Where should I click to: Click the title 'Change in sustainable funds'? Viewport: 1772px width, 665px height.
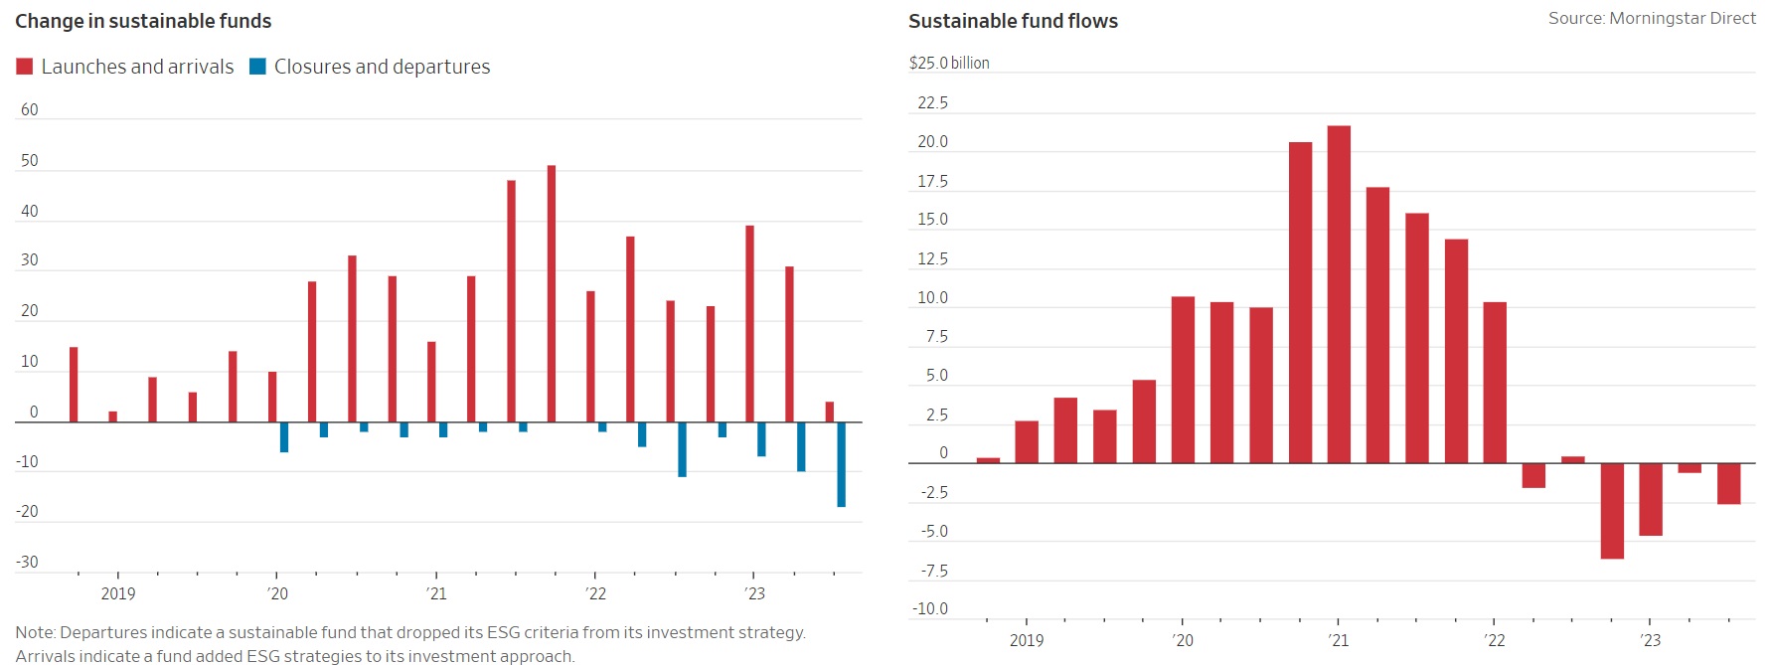click(143, 21)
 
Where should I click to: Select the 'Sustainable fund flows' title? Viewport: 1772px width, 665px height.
click(1013, 21)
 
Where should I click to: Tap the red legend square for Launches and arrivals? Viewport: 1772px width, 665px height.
click(25, 67)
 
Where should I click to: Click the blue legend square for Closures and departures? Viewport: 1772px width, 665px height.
click(257, 67)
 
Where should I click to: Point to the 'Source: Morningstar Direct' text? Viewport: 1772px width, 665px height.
click(1651, 18)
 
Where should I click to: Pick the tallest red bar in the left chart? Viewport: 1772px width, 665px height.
click(552, 293)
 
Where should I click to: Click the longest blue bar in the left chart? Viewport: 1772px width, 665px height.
click(842, 464)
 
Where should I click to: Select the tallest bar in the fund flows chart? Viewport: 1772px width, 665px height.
click(1339, 294)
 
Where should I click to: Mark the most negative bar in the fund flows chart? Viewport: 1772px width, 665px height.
click(1612, 511)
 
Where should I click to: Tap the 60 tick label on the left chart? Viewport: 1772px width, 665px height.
click(30, 110)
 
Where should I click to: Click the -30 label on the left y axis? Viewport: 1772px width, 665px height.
click(27, 563)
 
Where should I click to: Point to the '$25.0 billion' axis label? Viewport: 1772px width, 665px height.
click(949, 63)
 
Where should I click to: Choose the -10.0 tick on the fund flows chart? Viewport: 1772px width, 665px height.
click(932, 609)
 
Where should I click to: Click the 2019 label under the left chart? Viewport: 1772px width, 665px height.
click(118, 593)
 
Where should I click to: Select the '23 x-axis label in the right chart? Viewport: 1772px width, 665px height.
click(1650, 640)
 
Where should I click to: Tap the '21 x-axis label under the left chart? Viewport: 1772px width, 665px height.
click(436, 593)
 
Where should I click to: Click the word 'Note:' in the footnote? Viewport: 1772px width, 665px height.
click(35, 632)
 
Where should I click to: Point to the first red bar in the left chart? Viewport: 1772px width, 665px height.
click(74, 385)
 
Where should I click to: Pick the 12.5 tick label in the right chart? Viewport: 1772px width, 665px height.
click(932, 259)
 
